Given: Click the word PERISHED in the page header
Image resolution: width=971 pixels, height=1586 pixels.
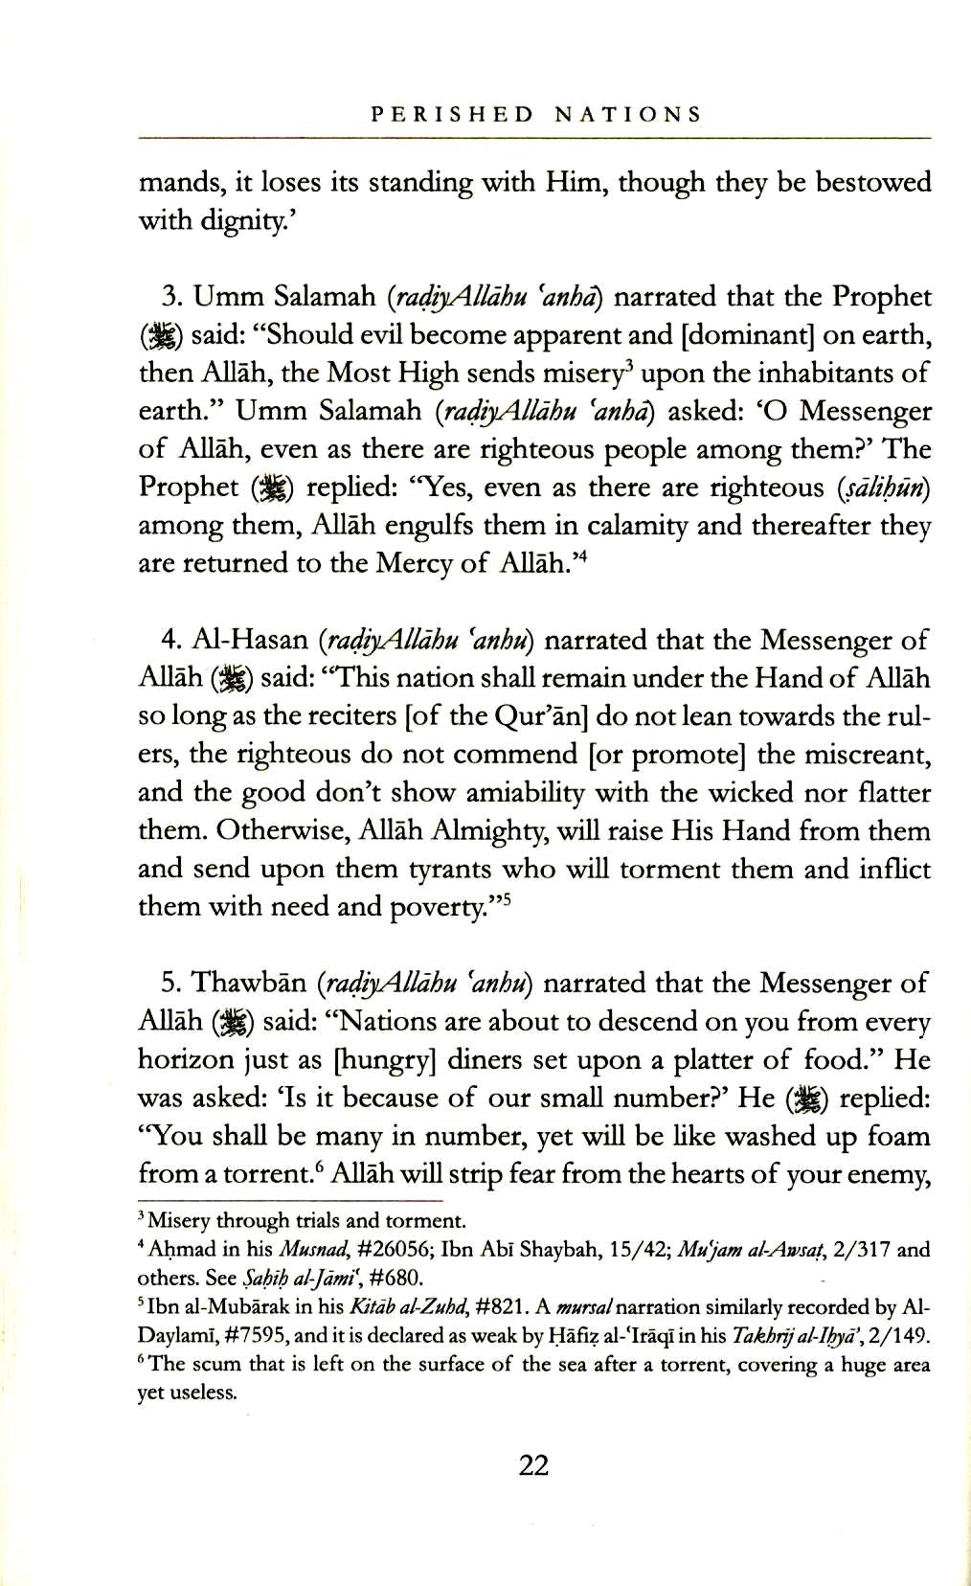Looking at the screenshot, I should tap(452, 115).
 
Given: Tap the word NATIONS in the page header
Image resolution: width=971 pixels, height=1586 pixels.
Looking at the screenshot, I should tap(627, 115).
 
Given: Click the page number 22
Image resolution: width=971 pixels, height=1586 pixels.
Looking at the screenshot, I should tap(533, 1464).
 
